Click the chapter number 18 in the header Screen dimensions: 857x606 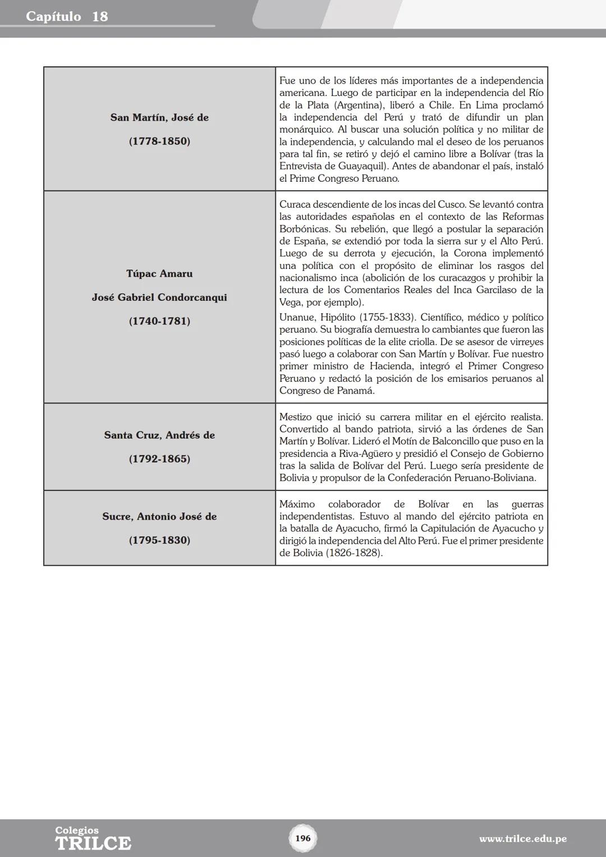99,16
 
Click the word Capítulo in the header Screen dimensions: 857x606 53,16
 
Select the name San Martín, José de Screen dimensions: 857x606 159,117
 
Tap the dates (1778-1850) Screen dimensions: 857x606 159,141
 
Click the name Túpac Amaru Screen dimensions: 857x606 159,273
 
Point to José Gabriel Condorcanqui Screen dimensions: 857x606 159,297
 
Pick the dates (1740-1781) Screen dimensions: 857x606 159,321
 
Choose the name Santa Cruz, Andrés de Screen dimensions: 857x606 159,435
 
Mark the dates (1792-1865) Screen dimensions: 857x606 159,459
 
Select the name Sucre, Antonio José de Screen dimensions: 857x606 159,516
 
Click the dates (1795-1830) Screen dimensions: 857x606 159,540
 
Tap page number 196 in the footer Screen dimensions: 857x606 302,838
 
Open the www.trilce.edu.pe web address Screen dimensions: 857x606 522,839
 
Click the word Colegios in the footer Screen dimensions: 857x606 77,830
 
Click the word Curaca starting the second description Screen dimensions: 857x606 295,204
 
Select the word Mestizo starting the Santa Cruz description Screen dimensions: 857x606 296,417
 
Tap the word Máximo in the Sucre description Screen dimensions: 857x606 297,504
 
